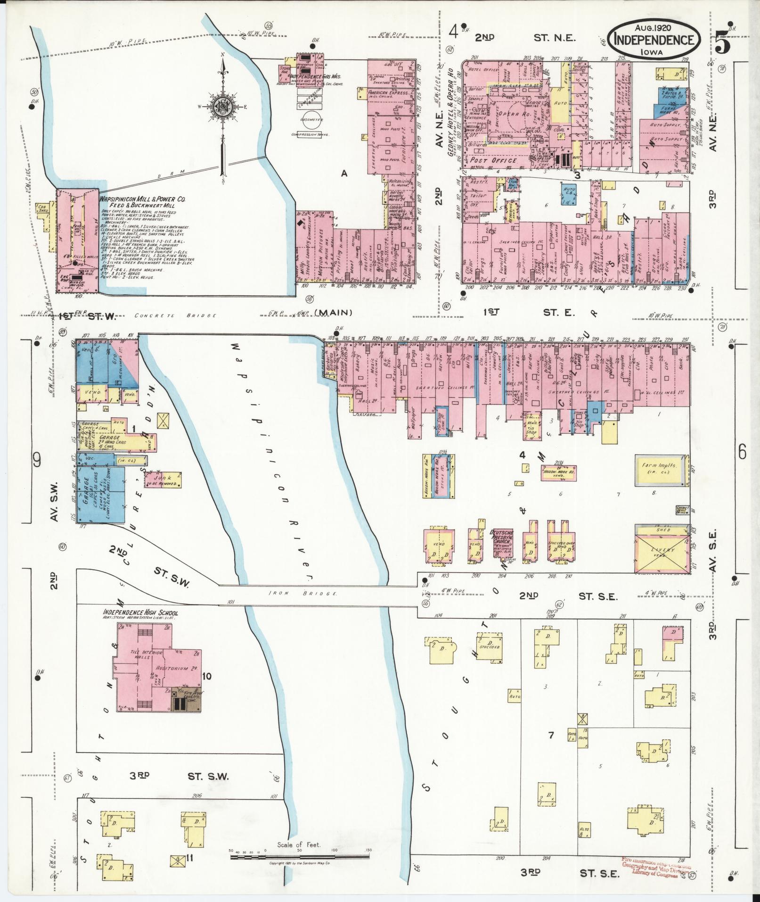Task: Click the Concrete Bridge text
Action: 175,315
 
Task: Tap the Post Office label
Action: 494,161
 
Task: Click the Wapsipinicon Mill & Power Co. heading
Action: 143,199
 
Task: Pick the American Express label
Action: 388,93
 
